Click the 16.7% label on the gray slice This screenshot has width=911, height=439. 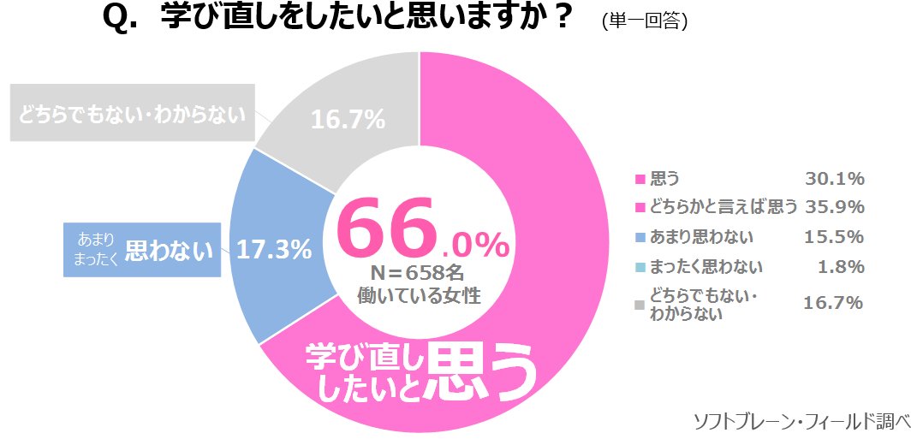348,121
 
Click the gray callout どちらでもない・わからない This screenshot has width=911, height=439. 133,112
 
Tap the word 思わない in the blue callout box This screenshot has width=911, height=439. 169,251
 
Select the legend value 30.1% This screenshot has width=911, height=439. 834,179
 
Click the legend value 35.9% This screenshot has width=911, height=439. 834,207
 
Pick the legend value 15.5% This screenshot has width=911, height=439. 834,237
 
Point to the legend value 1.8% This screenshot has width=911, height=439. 842,267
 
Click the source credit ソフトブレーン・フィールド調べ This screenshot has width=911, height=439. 800,421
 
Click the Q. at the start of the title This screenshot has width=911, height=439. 121,19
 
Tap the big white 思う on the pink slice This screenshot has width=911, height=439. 485,374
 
